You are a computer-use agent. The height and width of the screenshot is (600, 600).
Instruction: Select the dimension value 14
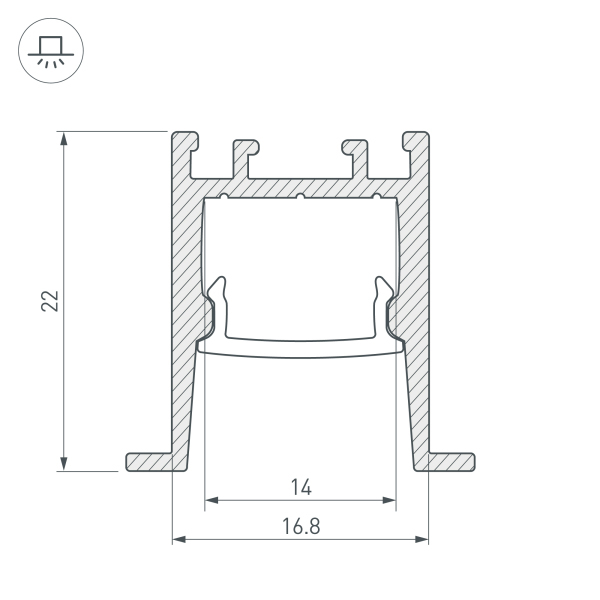coord(300,488)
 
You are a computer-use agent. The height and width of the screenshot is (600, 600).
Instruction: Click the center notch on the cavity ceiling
coord(300,196)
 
